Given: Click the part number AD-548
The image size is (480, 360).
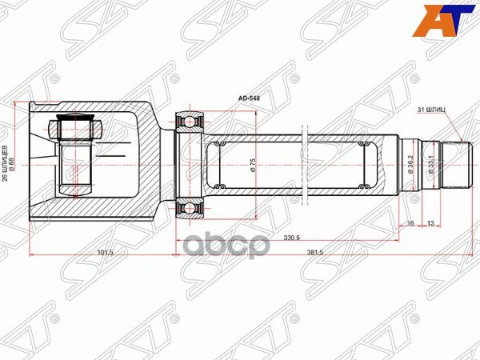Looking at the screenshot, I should coord(250,99).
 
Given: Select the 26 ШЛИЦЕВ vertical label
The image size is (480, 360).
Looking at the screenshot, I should coord(6,163).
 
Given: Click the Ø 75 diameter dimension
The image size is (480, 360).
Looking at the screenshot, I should coord(254,164).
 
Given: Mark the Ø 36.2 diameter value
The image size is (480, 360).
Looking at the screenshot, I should coord(410,164).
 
